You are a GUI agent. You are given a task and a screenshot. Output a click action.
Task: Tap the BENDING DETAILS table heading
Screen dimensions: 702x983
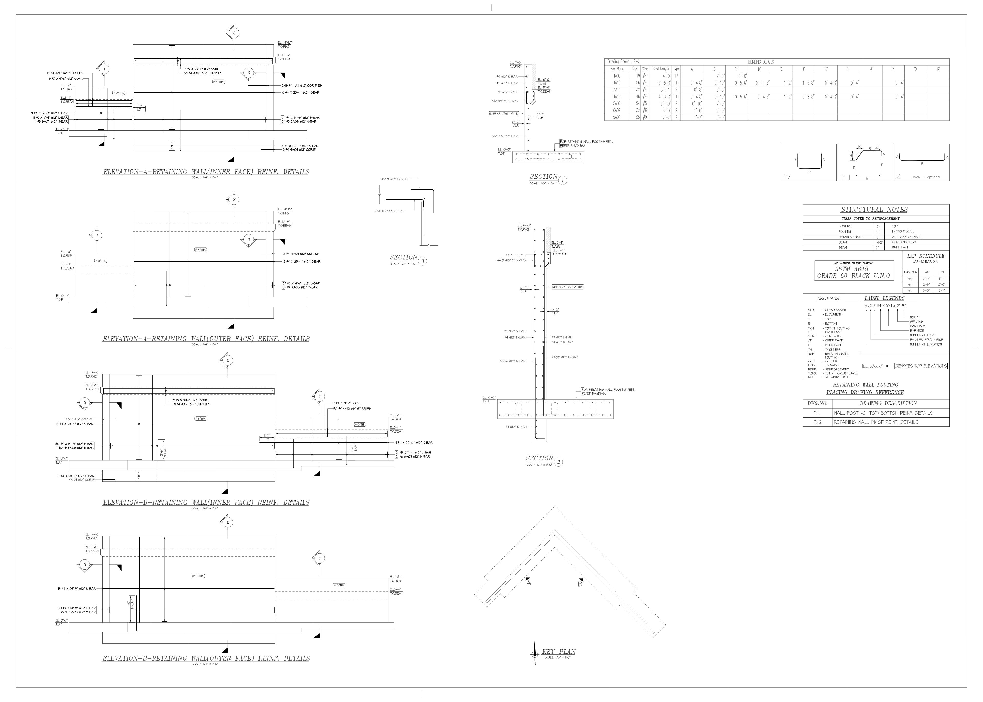click(761, 62)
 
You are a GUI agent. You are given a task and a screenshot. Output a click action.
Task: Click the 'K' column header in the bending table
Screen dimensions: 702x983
click(893, 69)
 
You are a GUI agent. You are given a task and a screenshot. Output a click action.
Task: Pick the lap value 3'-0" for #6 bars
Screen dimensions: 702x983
click(926, 291)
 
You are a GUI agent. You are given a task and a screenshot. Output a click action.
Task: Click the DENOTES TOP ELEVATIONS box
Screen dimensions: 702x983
click(921, 366)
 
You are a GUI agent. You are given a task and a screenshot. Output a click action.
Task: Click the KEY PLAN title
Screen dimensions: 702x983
click(559, 652)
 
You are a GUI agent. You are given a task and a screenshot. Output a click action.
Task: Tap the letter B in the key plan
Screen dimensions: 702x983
click(580, 584)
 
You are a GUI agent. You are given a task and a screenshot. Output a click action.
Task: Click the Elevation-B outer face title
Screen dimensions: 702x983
click(206, 658)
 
